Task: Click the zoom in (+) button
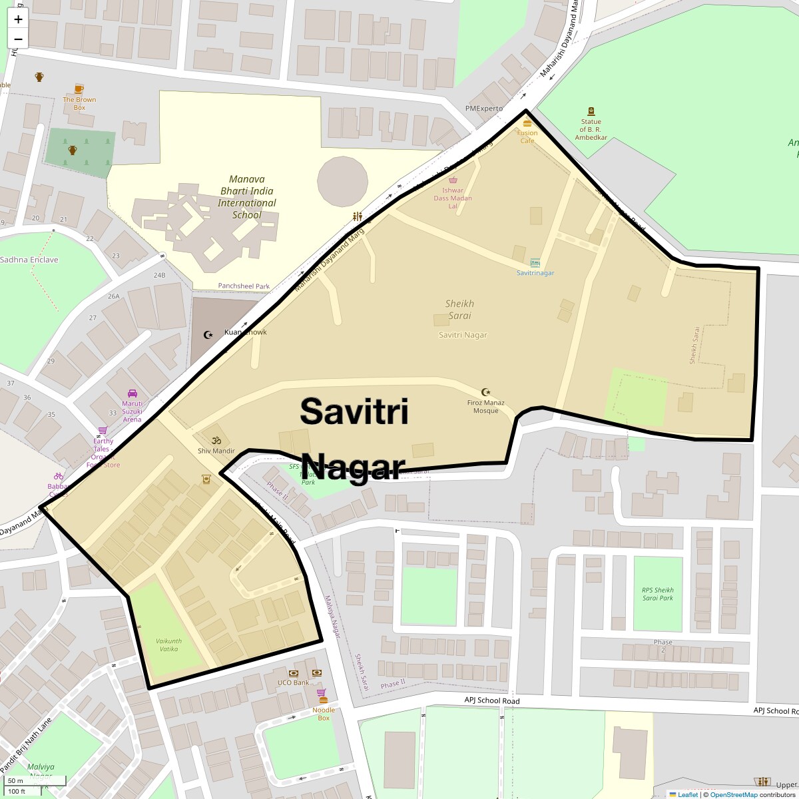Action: pyautogui.click(x=18, y=19)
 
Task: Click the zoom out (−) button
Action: pyautogui.click(x=18, y=39)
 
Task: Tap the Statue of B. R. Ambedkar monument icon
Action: pyautogui.click(x=591, y=112)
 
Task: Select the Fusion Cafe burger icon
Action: pyautogui.click(x=527, y=123)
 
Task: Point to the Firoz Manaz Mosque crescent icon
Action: pyautogui.click(x=485, y=393)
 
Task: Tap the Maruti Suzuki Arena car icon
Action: pyautogui.click(x=132, y=394)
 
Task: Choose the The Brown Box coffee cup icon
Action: pyautogui.click(x=79, y=89)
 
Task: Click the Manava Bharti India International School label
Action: pyautogui.click(x=246, y=196)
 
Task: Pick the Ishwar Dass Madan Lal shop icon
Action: pyautogui.click(x=453, y=180)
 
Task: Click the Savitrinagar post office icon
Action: pyautogui.click(x=535, y=263)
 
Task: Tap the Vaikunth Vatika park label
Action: pyautogui.click(x=168, y=645)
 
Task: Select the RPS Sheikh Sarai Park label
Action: pyautogui.click(x=658, y=594)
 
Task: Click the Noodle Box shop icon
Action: pyautogui.click(x=322, y=693)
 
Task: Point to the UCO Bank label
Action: pyautogui.click(x=293, y=682)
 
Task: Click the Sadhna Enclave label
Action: pyautogui.click(x=29, y=260)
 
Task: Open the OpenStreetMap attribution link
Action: pyautogui.click(x=733, y=794)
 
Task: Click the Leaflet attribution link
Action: pyautogui.click(x=687, y=794)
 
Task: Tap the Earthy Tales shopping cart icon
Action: pyautogui.click(x=103, y=431)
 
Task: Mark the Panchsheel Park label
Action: pyautogui.click(x=244, y=286)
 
